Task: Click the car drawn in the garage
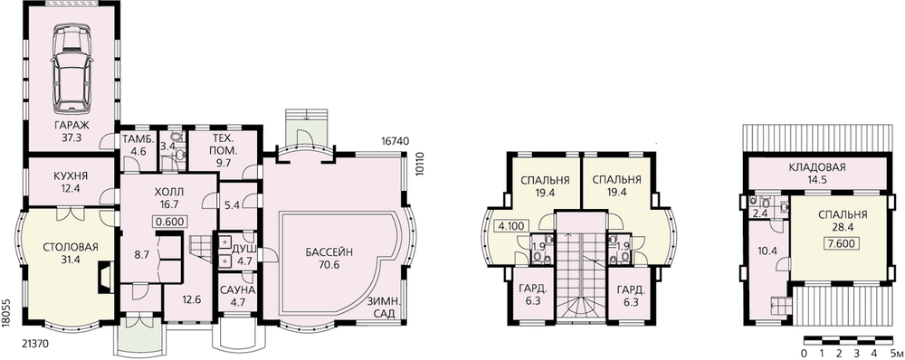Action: tap(72, 70)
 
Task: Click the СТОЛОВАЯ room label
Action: tap(71, 248)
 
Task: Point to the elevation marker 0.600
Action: tap(169, 221)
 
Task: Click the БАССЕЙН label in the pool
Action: tap(329, 251)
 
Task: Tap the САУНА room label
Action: tap(236, 289)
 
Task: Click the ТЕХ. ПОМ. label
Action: tap(223, 144)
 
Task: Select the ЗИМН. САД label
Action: tap(385, 307)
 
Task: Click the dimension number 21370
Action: tap(34, 344)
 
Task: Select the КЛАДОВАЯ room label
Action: tap(817, 168)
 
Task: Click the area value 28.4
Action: tap(843, 227)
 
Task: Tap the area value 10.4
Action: tap(767, 251)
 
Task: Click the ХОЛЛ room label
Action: tap(168, 192)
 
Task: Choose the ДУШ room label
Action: tap(240, 250)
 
